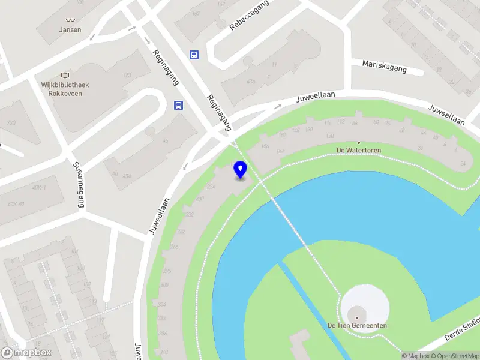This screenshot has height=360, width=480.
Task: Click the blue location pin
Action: tap(241, 170)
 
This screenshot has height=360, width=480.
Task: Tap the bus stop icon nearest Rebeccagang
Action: tap(194, 55)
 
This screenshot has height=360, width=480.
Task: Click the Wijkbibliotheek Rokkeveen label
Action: tap(65, 89)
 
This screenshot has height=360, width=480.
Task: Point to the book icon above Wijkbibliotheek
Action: tap(65, 75)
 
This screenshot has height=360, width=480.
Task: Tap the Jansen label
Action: tap(70, 29)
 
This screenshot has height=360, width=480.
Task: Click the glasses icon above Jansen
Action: tap(70, 20)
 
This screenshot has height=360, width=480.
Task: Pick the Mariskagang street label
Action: tap(384, 66)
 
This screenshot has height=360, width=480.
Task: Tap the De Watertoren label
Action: tap(359, 150)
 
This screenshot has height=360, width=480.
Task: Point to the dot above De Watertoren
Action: tap(359, 143)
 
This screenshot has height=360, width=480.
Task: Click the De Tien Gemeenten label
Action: tap(357, 325)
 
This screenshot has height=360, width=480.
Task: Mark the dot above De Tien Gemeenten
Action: tap(357, 317)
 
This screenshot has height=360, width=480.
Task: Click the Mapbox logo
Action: tap(26, 353)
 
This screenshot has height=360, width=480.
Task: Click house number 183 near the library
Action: tap(127, 75)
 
